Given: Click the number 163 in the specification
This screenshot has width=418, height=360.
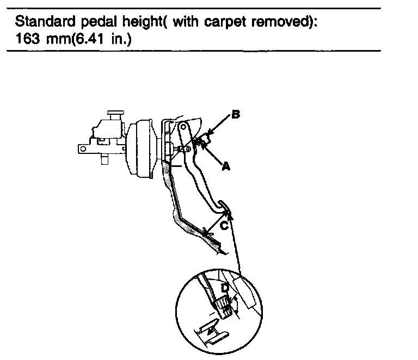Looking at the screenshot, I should pyautogui.click(x=27, y=40).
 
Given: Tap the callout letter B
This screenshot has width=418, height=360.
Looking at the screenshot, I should pyautogui.click(x=235, y=115).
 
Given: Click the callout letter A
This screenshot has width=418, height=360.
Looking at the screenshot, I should pyautogui.click(x=225, y=167).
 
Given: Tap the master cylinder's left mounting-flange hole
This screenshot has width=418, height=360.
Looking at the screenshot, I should pyautogui.click(x=83, y=147).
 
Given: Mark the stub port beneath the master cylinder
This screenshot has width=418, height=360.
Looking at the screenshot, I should pyautogui.click(x=103, y=160).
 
